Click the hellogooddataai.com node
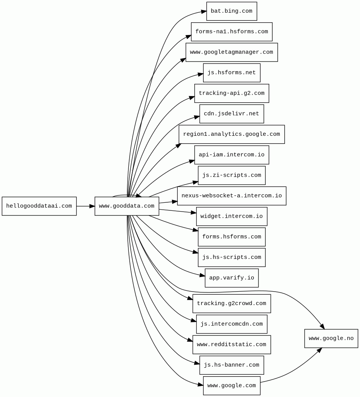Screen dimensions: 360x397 point(39,206)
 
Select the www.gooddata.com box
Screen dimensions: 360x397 point(127,206)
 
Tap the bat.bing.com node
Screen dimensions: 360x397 point(232,11)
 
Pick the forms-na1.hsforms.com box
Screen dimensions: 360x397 point(232,32)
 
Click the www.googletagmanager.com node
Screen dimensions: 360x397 point(232,52)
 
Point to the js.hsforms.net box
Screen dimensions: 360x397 point(232,73)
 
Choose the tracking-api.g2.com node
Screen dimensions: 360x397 point(232,93)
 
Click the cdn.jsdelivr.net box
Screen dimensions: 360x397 point(232,114)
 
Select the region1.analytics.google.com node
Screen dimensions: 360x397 point(232,134)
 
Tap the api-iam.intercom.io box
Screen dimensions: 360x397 point(232,155)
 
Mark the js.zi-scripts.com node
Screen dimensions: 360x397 point(232,175)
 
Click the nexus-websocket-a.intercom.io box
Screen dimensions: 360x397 point(232,196)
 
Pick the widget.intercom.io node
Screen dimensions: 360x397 point(232,216)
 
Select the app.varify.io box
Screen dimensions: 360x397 point(232,278)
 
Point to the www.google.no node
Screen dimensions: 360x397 point(331,339)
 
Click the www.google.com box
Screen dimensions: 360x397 point(232,385)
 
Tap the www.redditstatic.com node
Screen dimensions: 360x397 point(232,345)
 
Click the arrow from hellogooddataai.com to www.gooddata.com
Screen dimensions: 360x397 point(85,206)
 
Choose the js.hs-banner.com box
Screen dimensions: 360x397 point(232,365)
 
